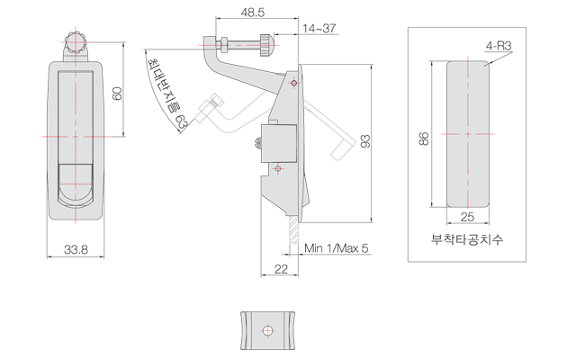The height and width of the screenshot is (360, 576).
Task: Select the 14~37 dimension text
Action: pos(319,28)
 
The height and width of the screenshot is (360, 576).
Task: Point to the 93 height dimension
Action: pos(364,142)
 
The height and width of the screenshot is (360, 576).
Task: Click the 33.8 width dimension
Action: pos(76,249)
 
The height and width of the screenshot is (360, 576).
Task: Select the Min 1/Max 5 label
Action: pos(336,248)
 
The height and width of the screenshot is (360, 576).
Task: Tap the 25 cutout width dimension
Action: pos(467,217)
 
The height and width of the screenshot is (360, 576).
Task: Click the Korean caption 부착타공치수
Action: pos(467,240)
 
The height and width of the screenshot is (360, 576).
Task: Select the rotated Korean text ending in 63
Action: pos(167,91)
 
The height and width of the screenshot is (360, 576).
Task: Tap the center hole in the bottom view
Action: pos(266,330)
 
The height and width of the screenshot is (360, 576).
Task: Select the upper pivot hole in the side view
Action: pos(293,83)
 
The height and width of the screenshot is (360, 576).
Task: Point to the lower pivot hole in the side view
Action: pos(278,168)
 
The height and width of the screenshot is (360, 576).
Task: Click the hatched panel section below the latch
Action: pos(292,231)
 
